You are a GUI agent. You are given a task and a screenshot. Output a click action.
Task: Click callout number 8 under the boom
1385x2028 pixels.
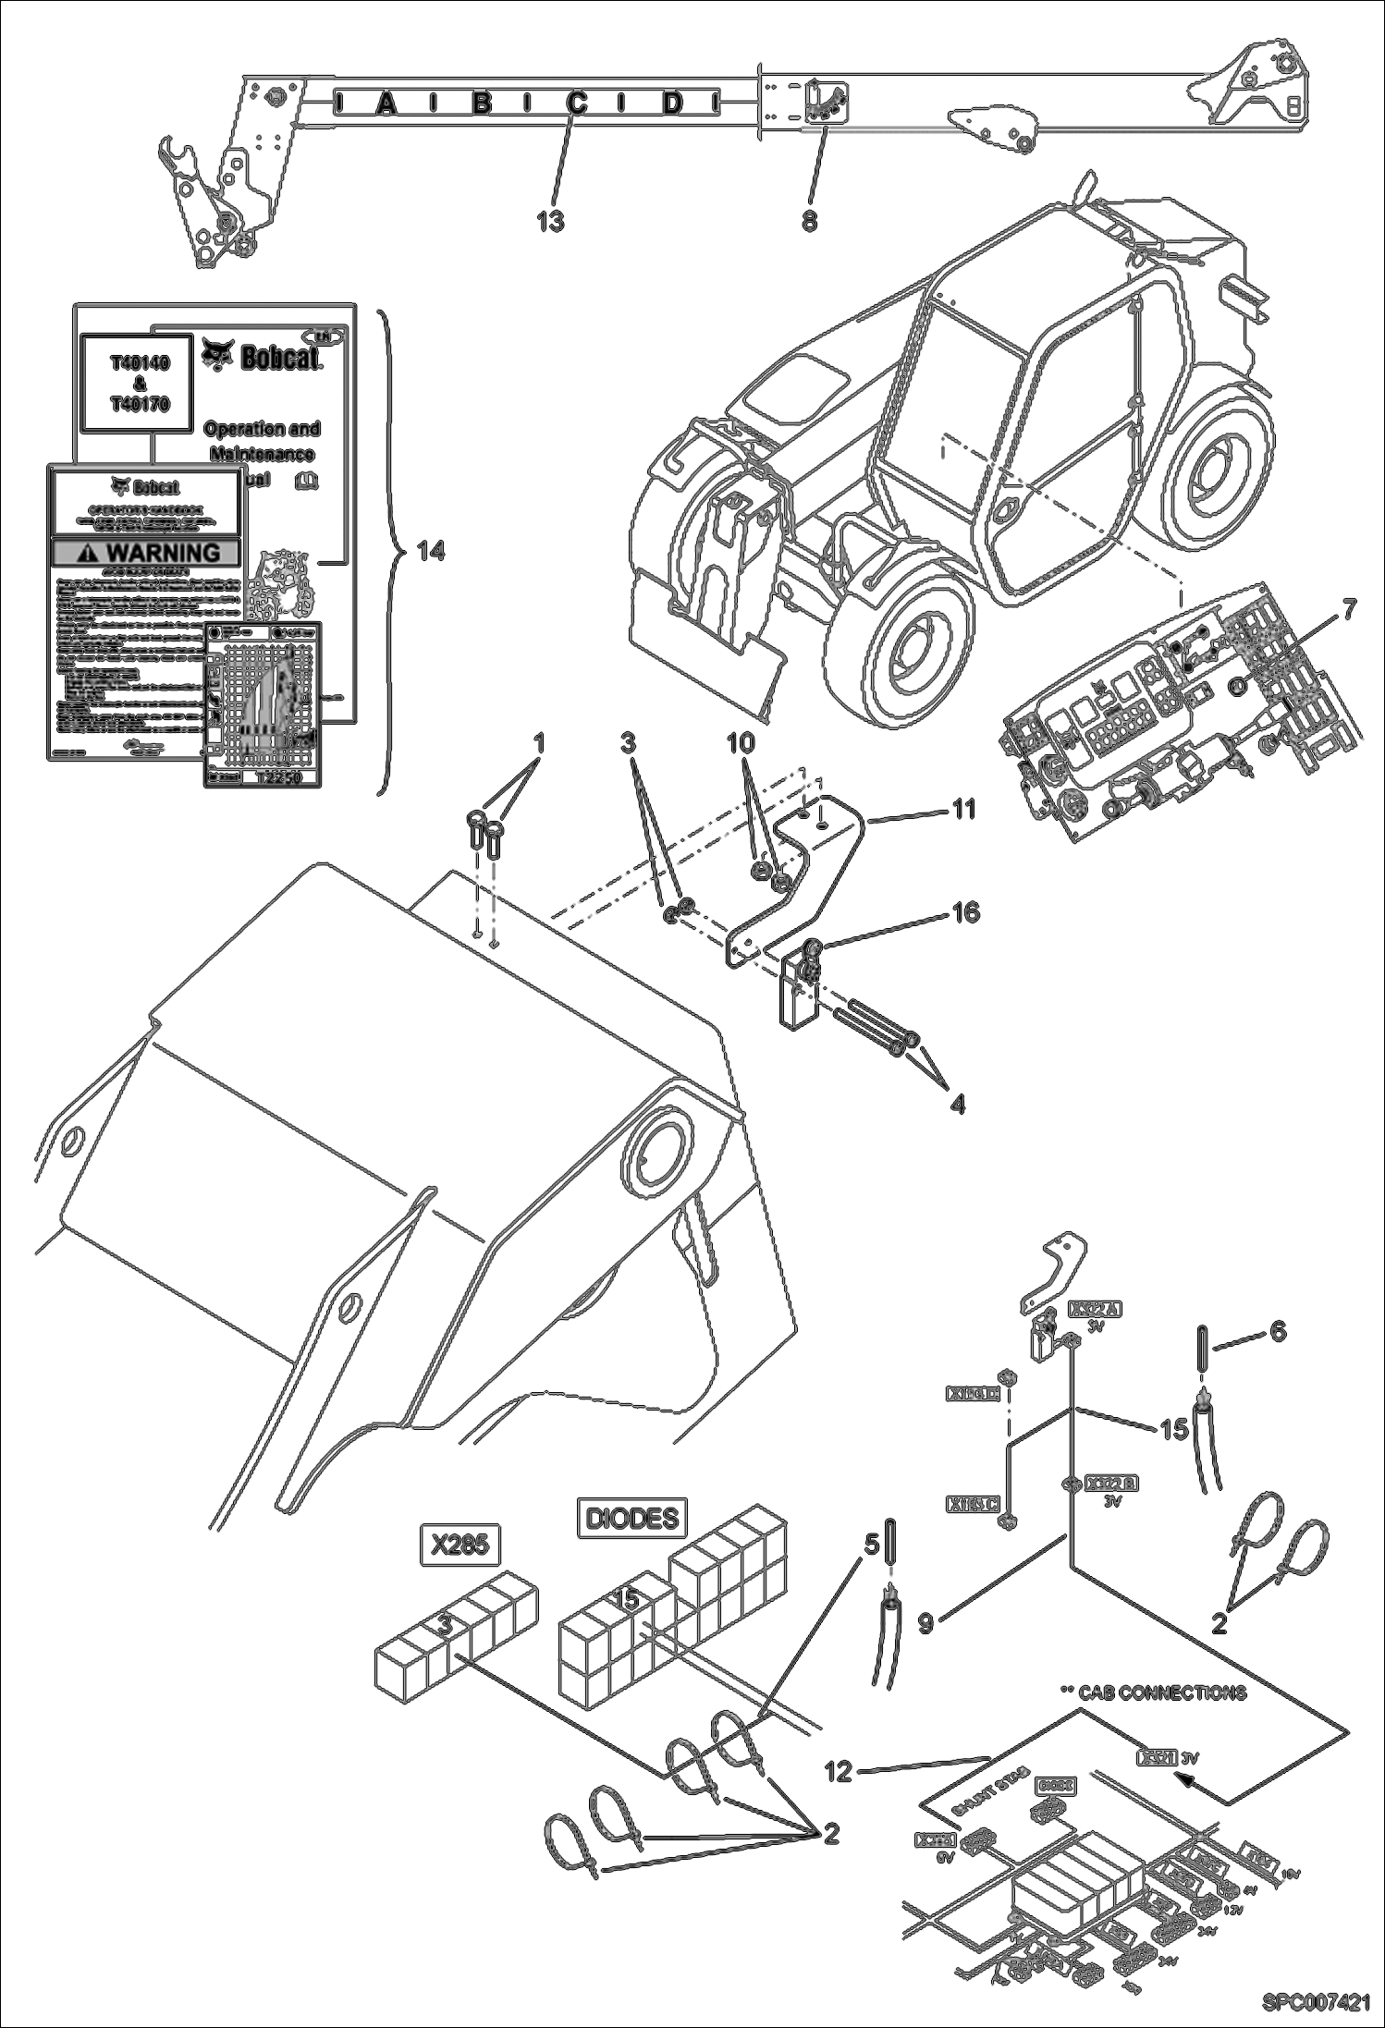point(809,222)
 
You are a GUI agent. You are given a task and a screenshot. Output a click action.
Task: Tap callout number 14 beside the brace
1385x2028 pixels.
point(431,551)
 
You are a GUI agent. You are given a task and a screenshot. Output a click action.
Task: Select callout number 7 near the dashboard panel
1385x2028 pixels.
point(1349,612)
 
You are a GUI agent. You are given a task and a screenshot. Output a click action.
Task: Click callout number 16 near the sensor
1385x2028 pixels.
point(965,913)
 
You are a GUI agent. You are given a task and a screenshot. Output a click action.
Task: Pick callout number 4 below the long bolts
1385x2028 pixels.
point(958,1103)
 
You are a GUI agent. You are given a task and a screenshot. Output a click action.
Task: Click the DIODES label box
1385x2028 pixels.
point(633,1518)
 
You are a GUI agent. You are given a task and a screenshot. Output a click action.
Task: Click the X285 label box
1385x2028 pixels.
point(460,1545)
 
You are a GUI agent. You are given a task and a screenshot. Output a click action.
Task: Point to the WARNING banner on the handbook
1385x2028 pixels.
point(147,553)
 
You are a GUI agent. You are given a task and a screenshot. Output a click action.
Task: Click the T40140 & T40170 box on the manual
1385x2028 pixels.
point(141,384)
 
